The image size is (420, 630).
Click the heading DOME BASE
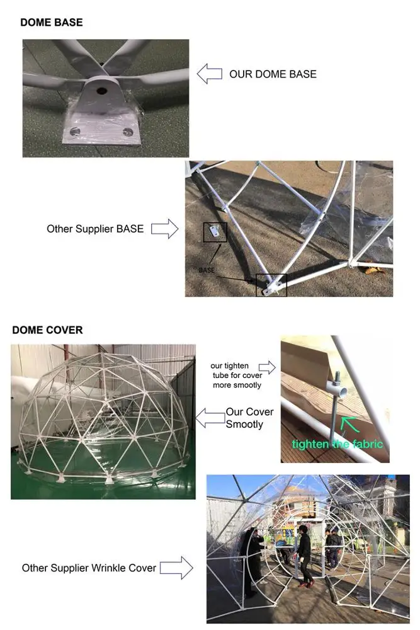pyautogui.click(x=52, y=23)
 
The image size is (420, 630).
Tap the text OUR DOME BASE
pyautogui.click(x=273, y=74)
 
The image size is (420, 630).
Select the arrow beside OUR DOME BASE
pyautogui.click(x=210, y=74)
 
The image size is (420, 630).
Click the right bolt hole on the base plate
pyautogui.click(x=129, y=132)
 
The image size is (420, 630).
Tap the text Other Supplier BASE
pyautogui.click(x=95, y=229)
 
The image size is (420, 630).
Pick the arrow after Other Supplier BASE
pyautogui.click(x=165, y=229)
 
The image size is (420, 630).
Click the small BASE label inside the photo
pyautogui.click(x=207, y=269)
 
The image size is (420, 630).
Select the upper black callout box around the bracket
pyautogui.click(x=215, y=232)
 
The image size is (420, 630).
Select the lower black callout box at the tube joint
pyautogui.click(x=271, y=285)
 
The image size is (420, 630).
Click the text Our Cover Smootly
pyautogui.click(x=250, y=418)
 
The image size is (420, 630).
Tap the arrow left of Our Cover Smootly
pyautogui.click(x=210, y=416)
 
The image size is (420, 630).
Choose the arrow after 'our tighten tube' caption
pyautogui.click(x=267, y=367)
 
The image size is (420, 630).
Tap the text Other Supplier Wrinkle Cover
pyautogui.click(x=89, y=568)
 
